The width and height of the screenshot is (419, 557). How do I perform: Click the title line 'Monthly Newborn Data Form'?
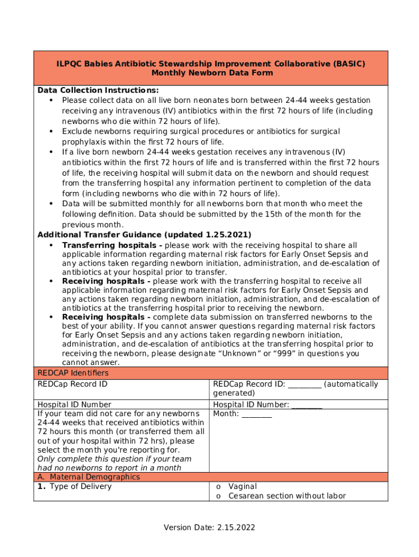click(x=212, y=73)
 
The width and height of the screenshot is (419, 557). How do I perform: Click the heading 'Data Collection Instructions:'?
click(x=98, y=90)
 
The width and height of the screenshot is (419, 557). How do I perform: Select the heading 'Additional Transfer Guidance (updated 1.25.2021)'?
click(x=144, y=235)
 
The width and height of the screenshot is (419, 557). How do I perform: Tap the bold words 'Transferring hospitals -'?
click(x=112, y=245)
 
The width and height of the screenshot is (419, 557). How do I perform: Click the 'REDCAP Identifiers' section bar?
click(x=73, y=373)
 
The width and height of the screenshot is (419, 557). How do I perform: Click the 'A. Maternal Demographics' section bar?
click(x=89, y=477)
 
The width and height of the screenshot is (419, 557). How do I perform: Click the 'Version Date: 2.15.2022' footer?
click(x=209, y=528)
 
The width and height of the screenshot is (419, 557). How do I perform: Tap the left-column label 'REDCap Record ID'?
click(x=72, y=385)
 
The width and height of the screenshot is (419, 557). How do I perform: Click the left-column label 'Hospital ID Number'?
click(x=74, y=405)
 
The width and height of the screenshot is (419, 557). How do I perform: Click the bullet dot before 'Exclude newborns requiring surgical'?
click(x=51, y=132)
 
